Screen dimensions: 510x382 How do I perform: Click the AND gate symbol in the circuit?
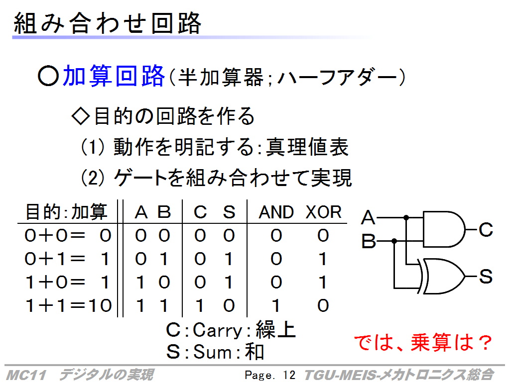pos(444,229)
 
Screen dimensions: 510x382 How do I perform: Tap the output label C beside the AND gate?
pos(486,229)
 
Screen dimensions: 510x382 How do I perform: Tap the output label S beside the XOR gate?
pos(486,276)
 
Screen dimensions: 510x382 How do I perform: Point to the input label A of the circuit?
pos(368,217)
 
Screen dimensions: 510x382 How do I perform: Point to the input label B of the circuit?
pos(368,241)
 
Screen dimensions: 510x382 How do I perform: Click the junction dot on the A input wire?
pos(406,217)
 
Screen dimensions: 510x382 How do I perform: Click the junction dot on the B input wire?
pos(394,241)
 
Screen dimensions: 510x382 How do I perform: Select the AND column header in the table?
pos(276,212)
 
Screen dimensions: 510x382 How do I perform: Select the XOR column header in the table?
pos(324,212)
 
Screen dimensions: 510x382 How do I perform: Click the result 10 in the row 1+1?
pos(101,306)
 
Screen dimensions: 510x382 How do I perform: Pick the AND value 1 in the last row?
pos(276,306)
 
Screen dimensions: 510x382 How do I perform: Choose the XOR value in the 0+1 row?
pos(323,259)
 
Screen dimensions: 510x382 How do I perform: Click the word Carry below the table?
pos(218,331)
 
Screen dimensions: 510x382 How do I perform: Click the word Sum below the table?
pos(213,352)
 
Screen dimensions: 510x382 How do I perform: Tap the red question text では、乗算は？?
pos(423,342)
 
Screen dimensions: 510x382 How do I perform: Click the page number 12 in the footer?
pos(289,375)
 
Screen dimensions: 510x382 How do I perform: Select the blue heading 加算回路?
pos(114,76)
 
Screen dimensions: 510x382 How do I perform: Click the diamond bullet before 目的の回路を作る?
pos(81,116)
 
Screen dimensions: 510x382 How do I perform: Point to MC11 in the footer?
pos(26,375)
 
